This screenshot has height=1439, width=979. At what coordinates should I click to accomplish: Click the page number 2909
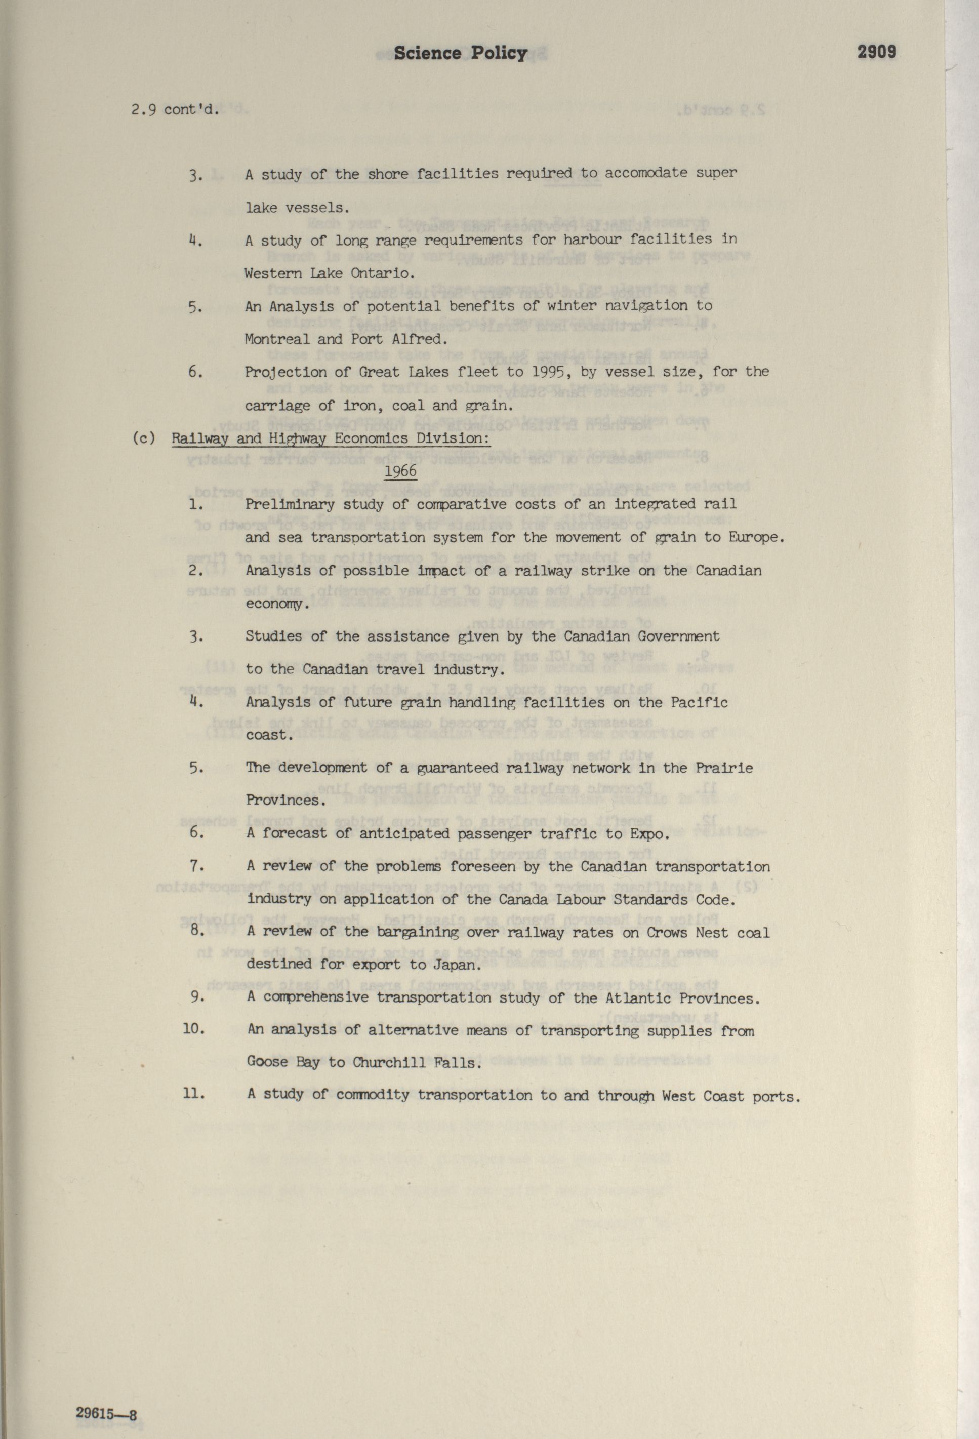tap(876, 52)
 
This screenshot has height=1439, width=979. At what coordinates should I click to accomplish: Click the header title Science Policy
tap(460, 53)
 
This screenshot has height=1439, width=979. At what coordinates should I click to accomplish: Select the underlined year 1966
tap(400, 471)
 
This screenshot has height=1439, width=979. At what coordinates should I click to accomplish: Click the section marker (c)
tap(144, 438)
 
